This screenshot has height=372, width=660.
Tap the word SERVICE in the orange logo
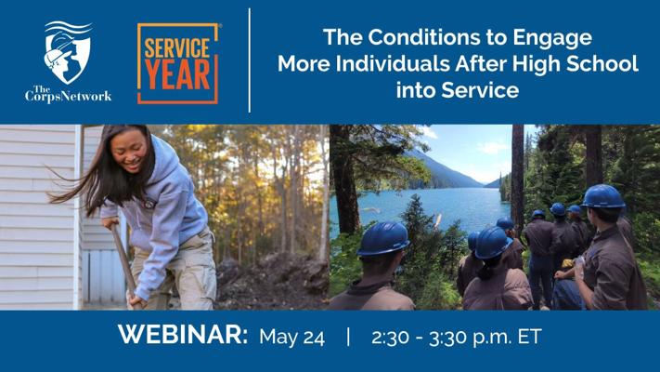[177, 47]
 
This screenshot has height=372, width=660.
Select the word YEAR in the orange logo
[177, 75]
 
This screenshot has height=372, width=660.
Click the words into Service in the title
[458, 90]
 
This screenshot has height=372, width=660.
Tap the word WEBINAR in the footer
[183, 335]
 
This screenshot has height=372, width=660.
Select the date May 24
[292, 337]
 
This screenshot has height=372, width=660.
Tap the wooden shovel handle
[123, 262]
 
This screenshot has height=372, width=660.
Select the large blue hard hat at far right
[602, 196]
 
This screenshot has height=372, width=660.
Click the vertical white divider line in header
[250, 60]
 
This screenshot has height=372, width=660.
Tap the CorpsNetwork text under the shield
[68, 94]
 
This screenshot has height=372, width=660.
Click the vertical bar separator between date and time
[348, 337]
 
